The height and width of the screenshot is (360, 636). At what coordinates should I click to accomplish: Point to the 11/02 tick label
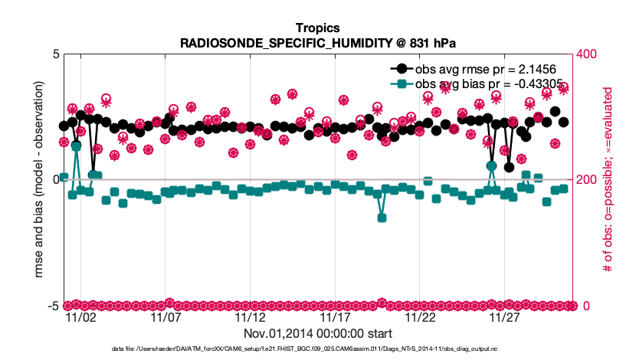tap(80, 317)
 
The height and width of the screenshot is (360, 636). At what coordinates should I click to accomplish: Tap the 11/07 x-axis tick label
tap(166, 317)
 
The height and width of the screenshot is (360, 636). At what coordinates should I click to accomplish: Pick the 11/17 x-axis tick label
tap(335, 317)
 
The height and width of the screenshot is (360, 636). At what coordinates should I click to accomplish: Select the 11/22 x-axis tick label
tap(420, 317)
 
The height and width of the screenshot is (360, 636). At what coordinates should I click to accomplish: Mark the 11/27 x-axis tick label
tap(504, 317)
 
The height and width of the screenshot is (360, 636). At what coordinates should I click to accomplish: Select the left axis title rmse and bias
tap(36, 180)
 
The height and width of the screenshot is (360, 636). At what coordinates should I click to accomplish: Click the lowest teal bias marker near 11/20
tap(382, 218)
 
